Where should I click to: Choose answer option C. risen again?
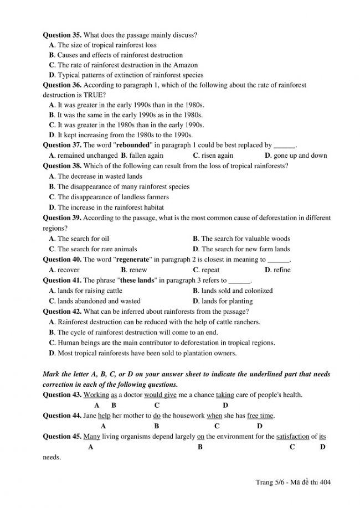213,155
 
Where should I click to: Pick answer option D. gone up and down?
296,155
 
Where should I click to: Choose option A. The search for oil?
79,239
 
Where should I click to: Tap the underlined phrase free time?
260,416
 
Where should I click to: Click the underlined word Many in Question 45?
91,437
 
